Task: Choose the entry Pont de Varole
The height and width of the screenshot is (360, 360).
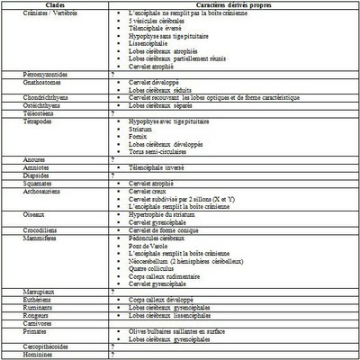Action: point(152,246)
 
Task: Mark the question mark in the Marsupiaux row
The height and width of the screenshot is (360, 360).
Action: point(112,292)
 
